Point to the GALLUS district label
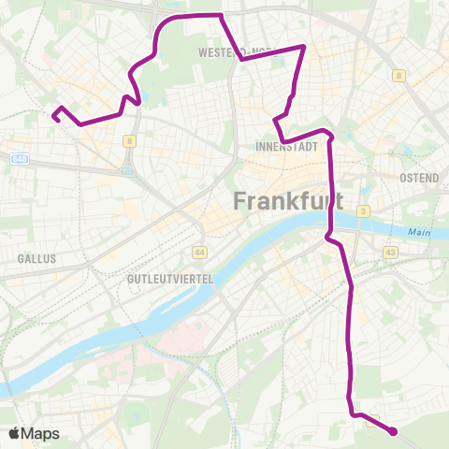(x=36, y=258)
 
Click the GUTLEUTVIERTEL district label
(x=170, y=279)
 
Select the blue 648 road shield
(x=21, y=160)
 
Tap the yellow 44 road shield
(x=198, y=252)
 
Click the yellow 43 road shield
(x=390, y=252)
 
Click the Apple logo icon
(x=14, y=433)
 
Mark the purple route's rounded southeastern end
(x=393, y=431)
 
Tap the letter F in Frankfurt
(x=240, y=200)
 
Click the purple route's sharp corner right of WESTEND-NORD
(x=303, y=46)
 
